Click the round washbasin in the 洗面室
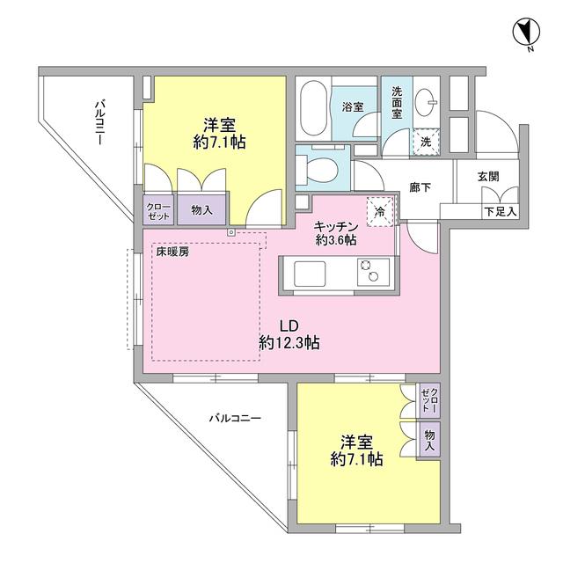(428, 99)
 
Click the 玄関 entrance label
(488, 176)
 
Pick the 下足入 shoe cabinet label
(501, 211)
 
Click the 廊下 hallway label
(420, 188)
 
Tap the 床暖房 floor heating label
(172, 252)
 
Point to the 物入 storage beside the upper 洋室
(201, 210)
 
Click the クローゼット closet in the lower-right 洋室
(428, 400)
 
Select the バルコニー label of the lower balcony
(234, 419)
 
